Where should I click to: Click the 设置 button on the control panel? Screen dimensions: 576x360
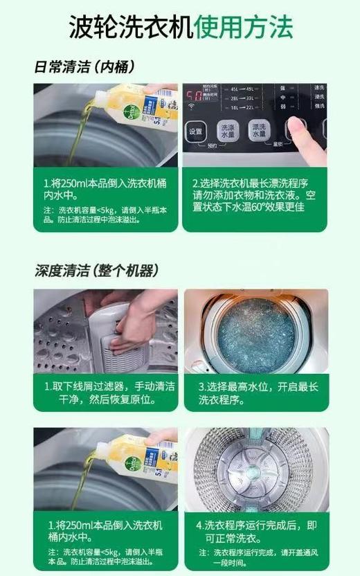pyautogui.click(x=196, y=132)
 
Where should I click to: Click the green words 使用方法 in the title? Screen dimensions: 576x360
pyautogui.click(x=244, y=27)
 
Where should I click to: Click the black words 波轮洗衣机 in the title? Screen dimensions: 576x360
pyautogui.click(x=130, y=27)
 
